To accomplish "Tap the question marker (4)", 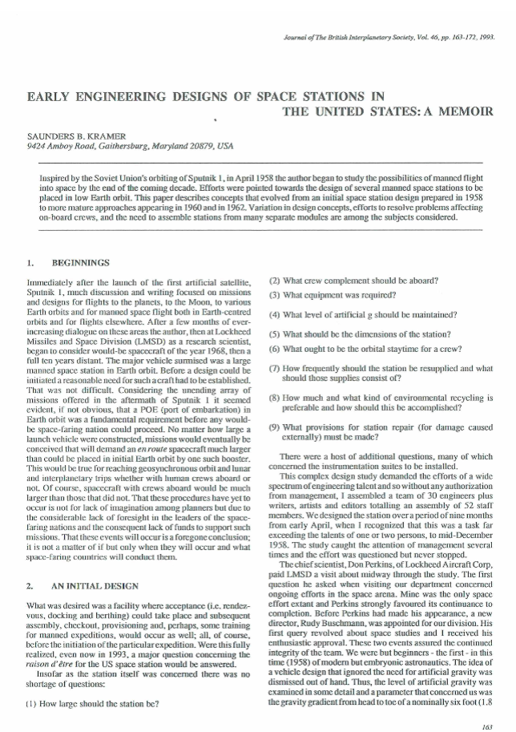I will pos(274,313).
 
